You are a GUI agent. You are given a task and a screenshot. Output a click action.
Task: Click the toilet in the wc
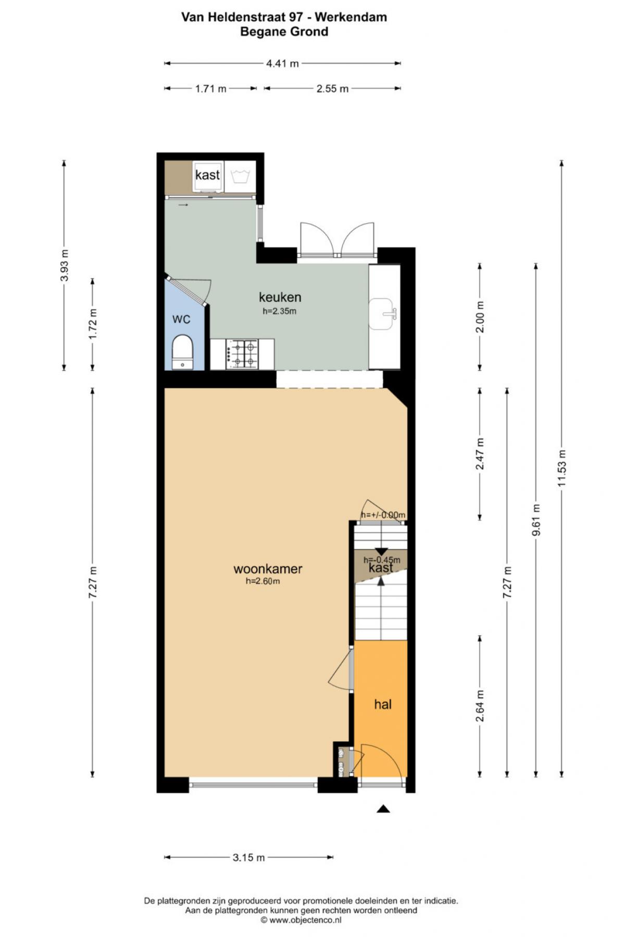[x=182, y=352]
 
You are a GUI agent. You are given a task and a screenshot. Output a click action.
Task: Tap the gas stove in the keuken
[x=242, y=354]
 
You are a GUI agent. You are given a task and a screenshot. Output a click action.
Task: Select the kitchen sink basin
[x=382, y=313]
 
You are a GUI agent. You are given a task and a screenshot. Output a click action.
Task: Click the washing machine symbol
[x=240, y=176]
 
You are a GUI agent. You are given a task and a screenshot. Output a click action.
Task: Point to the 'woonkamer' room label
[x=268, y=568]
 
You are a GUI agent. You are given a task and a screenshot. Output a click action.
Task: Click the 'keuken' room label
[x=280, y=297]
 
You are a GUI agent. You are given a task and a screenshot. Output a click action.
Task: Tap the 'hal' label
[x=383, y=704]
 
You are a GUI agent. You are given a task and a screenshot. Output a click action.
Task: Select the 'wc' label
[x=181, y=319]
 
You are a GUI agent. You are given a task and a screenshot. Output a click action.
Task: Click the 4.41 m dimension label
[x=282, y=64]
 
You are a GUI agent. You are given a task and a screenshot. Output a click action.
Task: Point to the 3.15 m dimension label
[x=249, y=857]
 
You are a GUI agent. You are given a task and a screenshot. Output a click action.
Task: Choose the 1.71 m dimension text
[x=211, y=88]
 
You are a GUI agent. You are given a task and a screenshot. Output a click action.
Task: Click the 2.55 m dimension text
[x=332, y=88]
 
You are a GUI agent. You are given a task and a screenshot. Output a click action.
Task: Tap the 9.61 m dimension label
[x=536, y=520]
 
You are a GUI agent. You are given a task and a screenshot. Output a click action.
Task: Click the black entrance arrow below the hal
[x=383, y=808]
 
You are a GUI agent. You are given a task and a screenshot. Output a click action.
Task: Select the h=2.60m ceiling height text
[x=262, y=581]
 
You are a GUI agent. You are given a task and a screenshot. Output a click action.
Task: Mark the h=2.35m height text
[x=279, y=312]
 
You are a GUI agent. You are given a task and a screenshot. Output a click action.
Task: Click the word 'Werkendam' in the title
[x=351, y=17]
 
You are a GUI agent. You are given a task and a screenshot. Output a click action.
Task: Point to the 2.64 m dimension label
[x=480, y=706]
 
